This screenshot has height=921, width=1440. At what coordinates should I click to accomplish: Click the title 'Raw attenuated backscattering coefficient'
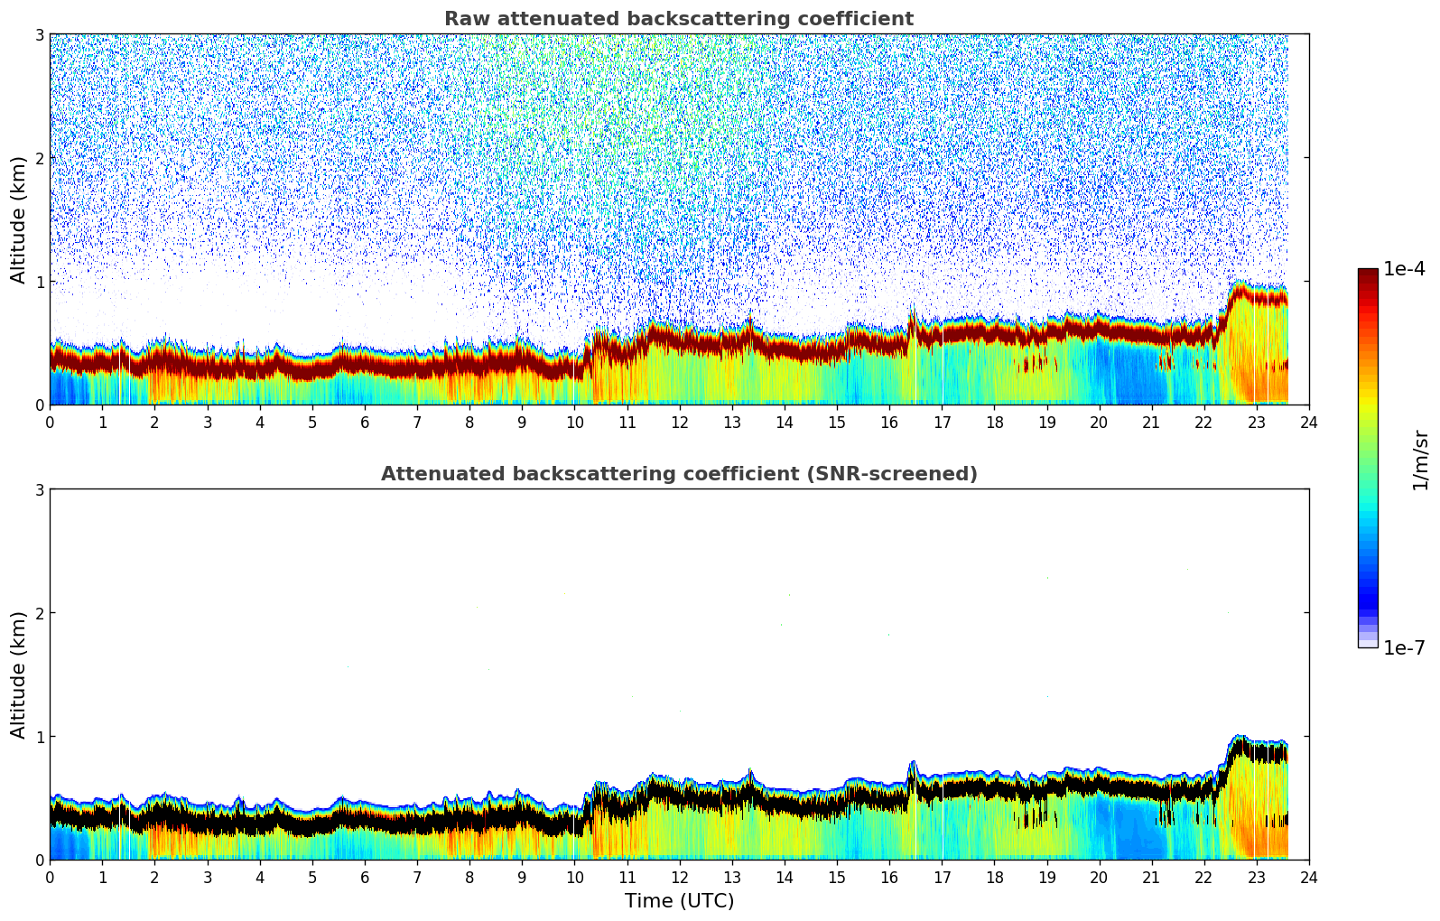tap(678, 19)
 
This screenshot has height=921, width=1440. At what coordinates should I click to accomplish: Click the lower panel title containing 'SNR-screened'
tap(678, 474)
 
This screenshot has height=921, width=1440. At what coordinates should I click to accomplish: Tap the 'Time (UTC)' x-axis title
tap(679, 900)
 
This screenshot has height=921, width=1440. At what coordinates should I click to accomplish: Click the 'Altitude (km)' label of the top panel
tap(18, 219)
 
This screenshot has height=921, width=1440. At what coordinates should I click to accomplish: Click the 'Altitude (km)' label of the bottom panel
tap(18, 674)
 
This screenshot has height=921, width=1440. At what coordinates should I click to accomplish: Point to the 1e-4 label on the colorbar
tap(1404, 269)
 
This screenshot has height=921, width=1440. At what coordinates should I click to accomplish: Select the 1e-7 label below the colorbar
tap(1404, 647)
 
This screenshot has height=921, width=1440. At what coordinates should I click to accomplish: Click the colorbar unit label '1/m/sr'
tap(1420, 460)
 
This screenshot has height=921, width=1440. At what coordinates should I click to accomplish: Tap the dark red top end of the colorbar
tap(1368, 274)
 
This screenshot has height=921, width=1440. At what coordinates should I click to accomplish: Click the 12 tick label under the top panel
tap(679, 422)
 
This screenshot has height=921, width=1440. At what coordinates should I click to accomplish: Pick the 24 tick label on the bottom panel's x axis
tap(1308, 877)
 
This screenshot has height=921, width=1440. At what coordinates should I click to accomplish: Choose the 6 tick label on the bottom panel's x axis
tap(365, 877)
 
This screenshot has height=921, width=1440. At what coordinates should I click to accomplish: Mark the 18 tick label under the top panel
tap(994, 422)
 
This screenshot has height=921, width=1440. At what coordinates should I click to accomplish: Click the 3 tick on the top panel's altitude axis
tap(39, 35)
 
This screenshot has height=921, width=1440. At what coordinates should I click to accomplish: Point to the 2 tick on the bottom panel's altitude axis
tap(39, 613)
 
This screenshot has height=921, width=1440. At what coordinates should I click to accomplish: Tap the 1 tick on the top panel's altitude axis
tap(39, 282)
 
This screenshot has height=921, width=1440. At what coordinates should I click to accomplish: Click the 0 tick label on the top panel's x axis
tap(50, 422)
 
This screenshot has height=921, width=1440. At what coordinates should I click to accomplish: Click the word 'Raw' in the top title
tap(464, 19)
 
